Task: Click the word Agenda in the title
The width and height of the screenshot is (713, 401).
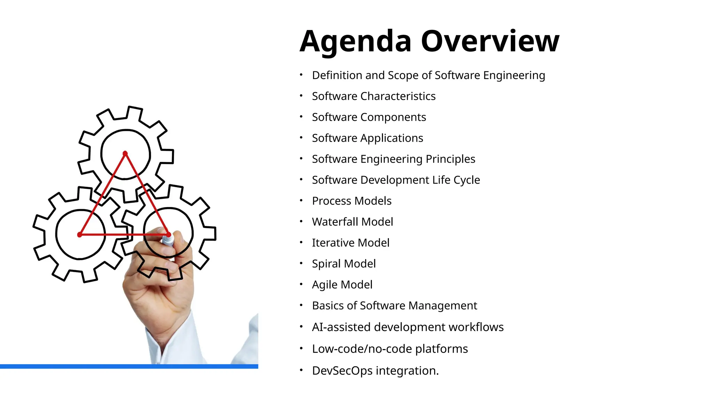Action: coord(355,42)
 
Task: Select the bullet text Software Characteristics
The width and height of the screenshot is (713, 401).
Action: coord(374,96)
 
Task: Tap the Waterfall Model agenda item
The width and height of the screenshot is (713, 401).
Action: coord(352,222)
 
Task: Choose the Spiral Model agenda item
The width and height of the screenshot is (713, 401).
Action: coord(344,264)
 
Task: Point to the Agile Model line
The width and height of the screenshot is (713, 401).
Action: coord(342,285)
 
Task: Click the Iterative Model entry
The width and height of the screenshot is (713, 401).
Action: coord(351,243)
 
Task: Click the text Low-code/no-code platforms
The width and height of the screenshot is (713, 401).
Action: coord(390,349)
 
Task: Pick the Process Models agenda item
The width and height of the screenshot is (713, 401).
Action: coord(352,201)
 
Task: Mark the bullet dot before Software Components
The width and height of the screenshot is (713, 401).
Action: coord(301,117)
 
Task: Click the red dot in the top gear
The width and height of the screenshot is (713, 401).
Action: coord(125,154)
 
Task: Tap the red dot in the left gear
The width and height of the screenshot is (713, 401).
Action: coord(80,235)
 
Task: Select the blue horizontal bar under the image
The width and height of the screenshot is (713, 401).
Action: coord(129,366)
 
